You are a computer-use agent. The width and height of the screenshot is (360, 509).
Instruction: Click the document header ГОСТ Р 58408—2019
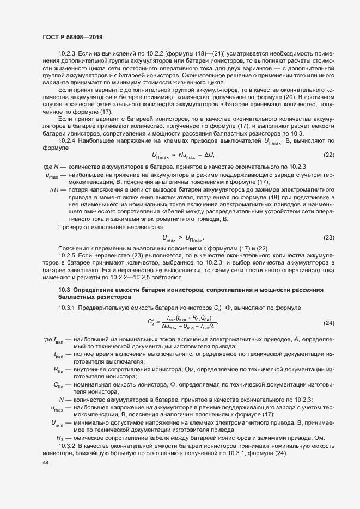coord(72,36)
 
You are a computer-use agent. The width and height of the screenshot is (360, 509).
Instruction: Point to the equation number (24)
coord(328,322)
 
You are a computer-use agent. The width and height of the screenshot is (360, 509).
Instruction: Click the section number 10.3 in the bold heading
coord(64,287)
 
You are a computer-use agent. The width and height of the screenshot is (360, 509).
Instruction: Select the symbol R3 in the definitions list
coord(60,438)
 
